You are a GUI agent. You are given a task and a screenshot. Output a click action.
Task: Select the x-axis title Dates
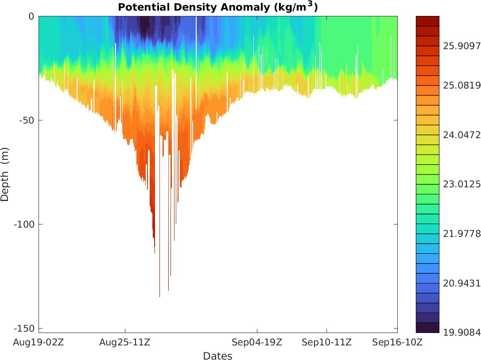coord(217,356)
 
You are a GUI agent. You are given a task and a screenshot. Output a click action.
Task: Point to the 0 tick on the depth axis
coord(31,16)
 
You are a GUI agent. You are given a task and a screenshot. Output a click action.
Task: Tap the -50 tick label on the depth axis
coord(27,120)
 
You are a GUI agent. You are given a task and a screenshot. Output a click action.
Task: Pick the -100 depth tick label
coord(25,224)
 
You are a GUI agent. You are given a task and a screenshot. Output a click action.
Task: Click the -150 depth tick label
coord(25,328)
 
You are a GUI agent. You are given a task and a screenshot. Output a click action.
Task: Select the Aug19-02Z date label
coord(39,342)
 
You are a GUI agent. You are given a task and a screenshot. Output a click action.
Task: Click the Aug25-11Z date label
coord(125,342)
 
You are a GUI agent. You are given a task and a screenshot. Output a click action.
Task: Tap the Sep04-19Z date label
coord(257,342)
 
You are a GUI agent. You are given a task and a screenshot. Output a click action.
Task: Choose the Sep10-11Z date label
coord(327,342)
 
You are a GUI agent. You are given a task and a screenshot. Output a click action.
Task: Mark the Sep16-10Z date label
coord(397,342)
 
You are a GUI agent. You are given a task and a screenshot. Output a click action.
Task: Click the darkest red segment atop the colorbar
coord(427,21)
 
